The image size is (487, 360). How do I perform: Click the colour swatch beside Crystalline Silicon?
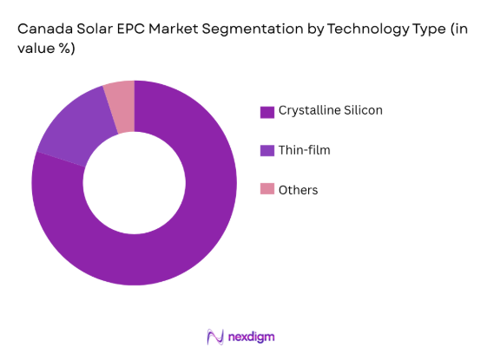(267, 111)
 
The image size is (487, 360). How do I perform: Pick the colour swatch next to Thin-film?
(267, 151)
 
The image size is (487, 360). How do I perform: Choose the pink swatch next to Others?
(267, 190)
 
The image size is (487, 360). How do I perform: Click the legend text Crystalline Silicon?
(331, 111)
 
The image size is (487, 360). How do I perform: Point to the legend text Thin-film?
(305, 151)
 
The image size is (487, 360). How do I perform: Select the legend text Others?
(299, 190)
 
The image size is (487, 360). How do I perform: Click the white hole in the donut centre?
(135, 182)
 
